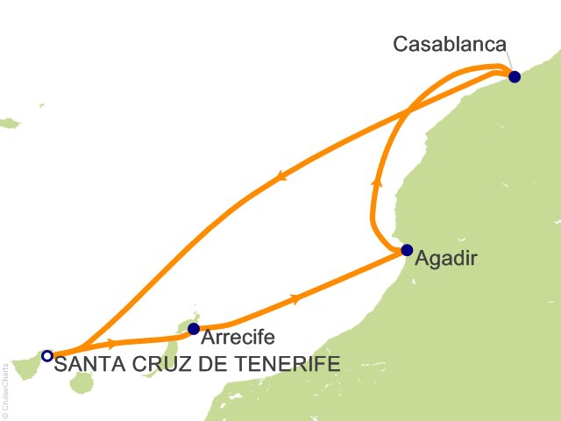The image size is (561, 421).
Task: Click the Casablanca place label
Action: pyautogui.click(x=451, y=43)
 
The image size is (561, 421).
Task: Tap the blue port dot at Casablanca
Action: pyautogui.click(x=515, y=76)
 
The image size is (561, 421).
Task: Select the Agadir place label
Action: pyautogui.click(x=448, y=259)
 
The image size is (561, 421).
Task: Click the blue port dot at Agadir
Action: pyautogui.click(x=407, y=250)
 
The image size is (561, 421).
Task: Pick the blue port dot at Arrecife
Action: pyautogui.click(x=194, y=330)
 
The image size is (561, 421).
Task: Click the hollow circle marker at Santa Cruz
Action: pyautogui.click(x=47, y=355)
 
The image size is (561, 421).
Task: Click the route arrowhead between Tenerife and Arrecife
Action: pyautogui.click(x=112, y=343)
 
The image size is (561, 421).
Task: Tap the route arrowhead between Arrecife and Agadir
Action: pyautogui.click(x=295, y=299)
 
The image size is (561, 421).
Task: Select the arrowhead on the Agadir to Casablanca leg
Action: pyautogui.click(x=377, y=182)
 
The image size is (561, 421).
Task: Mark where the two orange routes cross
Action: pyautogui.click(x=408, y=111)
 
